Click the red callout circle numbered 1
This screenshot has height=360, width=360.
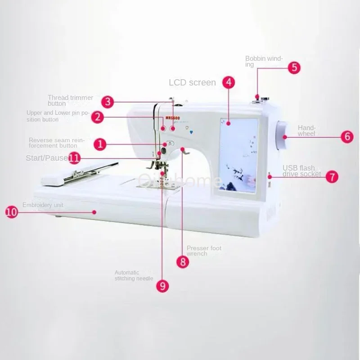100,144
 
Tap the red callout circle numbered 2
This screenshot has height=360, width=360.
98,117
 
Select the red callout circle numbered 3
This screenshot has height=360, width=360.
107,101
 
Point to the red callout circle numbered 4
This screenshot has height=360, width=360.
229,82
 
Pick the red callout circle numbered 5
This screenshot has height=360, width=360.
294,67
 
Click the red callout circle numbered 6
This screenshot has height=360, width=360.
346,137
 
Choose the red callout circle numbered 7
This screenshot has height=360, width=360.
332,176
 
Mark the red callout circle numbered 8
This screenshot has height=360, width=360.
182,262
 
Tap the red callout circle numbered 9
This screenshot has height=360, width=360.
163,286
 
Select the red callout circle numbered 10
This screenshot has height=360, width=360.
12,212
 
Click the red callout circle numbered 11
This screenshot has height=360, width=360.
75,158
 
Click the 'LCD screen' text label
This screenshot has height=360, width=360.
192,83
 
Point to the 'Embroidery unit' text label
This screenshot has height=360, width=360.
43,205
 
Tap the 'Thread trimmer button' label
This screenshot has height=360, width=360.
70,100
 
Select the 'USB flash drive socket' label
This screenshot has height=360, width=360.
301,171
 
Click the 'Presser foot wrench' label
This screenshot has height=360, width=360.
204,251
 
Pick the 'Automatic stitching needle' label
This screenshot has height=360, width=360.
134,275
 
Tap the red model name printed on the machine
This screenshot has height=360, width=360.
172,117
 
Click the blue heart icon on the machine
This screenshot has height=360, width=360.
191,132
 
